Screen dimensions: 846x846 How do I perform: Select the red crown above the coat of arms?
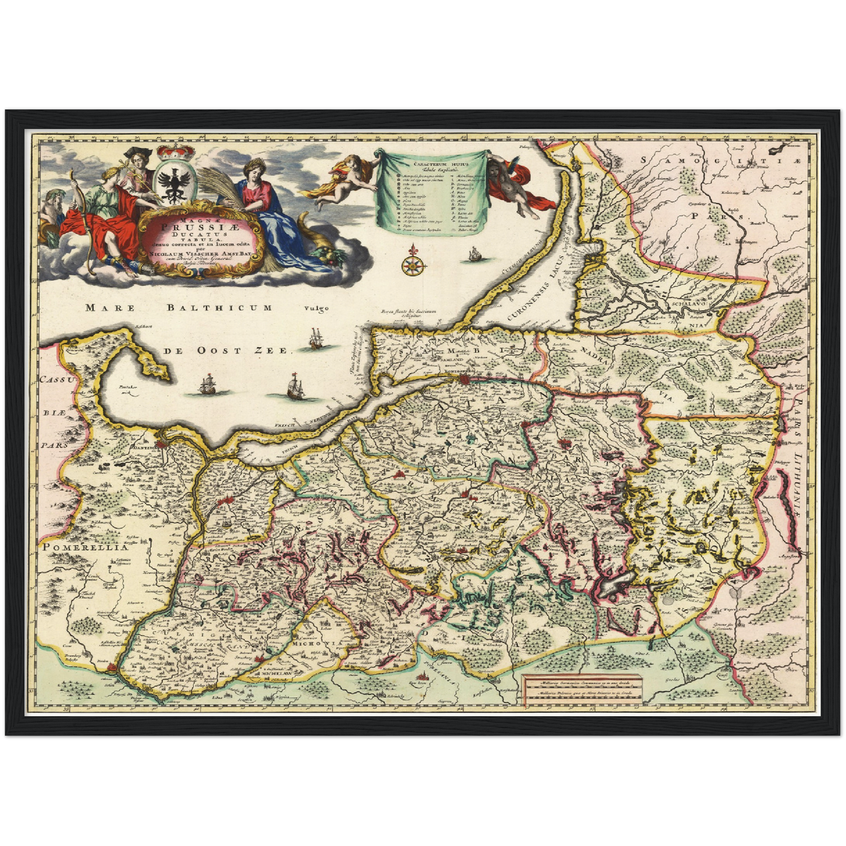pos(176,151)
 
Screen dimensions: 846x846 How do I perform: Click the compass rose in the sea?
pos(413,262)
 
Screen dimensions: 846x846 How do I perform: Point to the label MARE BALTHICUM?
pos(178,308)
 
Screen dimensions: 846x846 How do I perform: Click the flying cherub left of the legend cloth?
pos(342,178)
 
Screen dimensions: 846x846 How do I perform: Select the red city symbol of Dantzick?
pos(165,446)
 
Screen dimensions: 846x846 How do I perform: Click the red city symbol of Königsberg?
pos(466,379)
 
